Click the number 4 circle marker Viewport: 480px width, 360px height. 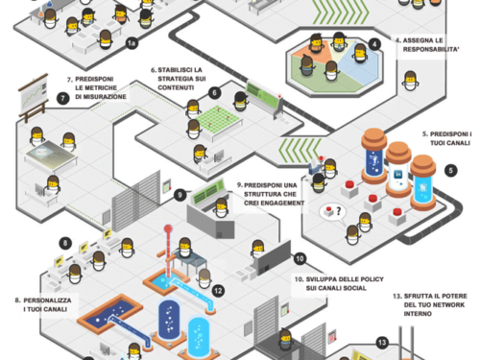[x=374, y=44]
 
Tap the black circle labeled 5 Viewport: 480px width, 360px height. [x=450, y=170]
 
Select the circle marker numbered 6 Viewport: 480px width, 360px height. [x=214, y=93]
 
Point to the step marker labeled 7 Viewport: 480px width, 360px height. [x=62, y=98]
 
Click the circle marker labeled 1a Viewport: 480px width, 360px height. [x=133, y=42]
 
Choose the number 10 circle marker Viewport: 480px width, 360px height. [x=300, y=258]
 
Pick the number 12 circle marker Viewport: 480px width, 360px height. [x=218, y=289]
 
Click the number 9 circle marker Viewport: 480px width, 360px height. [x=180, y=195]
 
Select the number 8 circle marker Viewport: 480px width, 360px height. [x=65, y=243]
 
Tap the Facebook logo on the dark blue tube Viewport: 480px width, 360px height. [x=371, y=160]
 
